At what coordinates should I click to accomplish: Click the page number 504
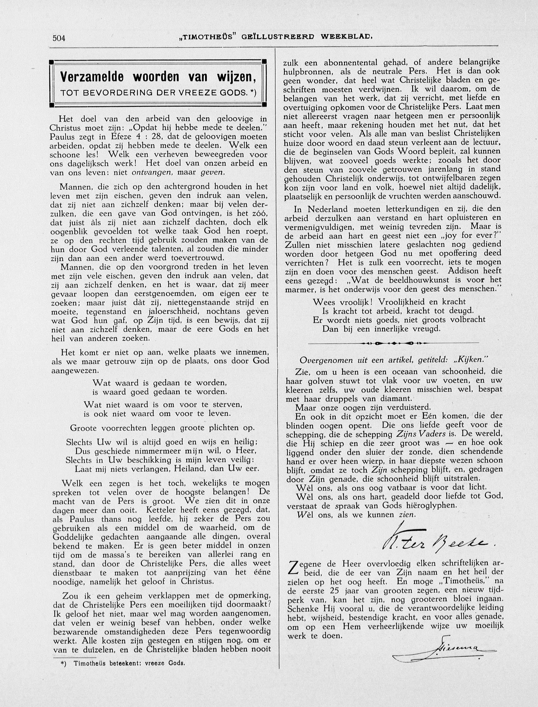(59, 38)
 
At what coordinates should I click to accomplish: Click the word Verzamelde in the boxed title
(91, 77)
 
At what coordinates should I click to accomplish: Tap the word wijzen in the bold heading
(237, 77)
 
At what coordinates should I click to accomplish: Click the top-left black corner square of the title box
(51, 62)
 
